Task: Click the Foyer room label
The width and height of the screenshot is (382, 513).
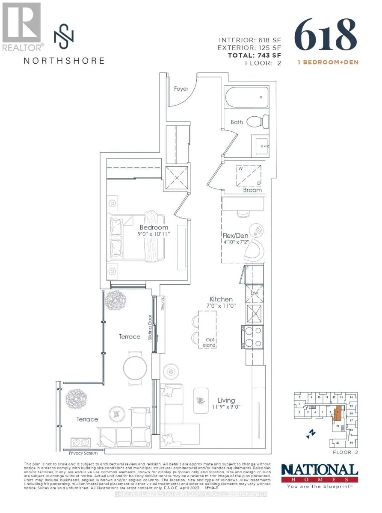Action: tap(181, 89)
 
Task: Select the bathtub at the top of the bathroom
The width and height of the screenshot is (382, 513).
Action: tap(246, 97)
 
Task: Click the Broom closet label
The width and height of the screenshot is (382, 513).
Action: tap(252, 190)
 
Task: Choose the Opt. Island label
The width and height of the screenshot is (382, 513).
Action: tap(209, 342)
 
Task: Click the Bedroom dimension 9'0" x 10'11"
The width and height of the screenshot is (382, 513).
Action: tap(154, 234)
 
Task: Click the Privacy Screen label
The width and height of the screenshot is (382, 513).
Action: tap(83, 453)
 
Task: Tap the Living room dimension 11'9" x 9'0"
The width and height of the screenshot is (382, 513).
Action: tap(226, 407)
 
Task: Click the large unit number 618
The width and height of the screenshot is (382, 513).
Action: tap(326, 34)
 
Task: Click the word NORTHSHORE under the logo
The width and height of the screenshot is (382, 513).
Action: tap(64, 60)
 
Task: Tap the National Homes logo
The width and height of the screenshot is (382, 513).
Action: tap(319, 474)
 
